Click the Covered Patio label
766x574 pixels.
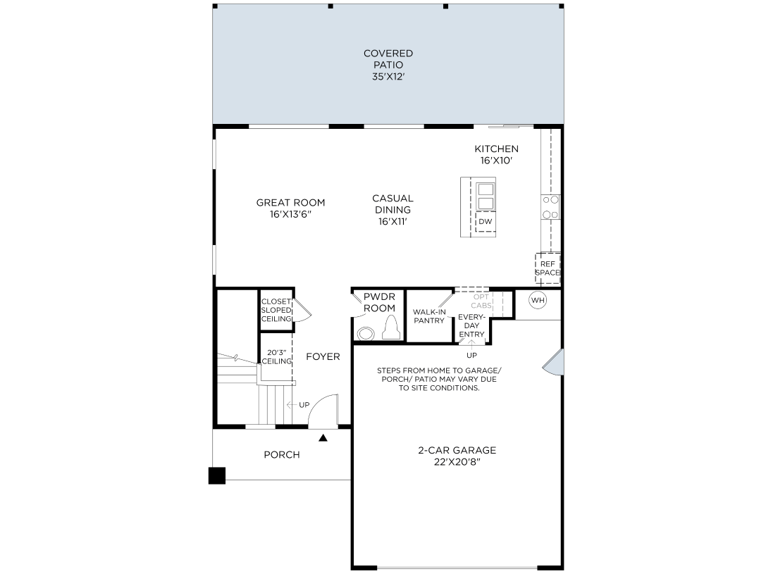[388, 65]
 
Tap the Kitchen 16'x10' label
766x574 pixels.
[496, 155]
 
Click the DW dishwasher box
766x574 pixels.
[485, 222]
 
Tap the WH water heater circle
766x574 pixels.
[538, 300]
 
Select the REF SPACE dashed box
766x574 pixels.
[548, 268]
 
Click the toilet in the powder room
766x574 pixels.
[391, 327]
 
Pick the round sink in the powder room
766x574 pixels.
[366, 334]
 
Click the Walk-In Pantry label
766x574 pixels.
[429, 316]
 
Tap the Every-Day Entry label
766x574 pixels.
[471, 325]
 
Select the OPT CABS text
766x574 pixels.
[481, 301]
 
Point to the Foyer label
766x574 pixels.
[323, 357]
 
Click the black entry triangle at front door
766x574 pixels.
[323, 438]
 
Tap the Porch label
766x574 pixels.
[282, 455]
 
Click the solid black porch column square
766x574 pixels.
[217, 476]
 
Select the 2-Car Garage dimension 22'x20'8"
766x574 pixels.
[457, 462]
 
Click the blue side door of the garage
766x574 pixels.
[555, 362]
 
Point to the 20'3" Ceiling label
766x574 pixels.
[276, 357]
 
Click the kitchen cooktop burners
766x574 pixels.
[550, 207]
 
